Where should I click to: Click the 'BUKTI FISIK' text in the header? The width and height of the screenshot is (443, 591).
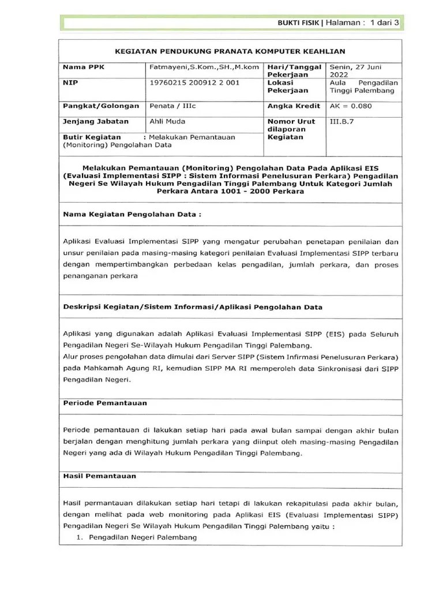coord(300,23)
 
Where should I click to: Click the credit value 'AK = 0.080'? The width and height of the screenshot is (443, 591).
coord(351,106)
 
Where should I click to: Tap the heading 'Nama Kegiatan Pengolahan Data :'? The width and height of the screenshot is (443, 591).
coord(133,214)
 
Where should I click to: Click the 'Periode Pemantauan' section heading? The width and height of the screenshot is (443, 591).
coord(105,403)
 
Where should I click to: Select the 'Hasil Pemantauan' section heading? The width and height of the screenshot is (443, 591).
coord(100,476)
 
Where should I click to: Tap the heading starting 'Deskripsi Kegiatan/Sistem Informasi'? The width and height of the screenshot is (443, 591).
coord(193,307)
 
